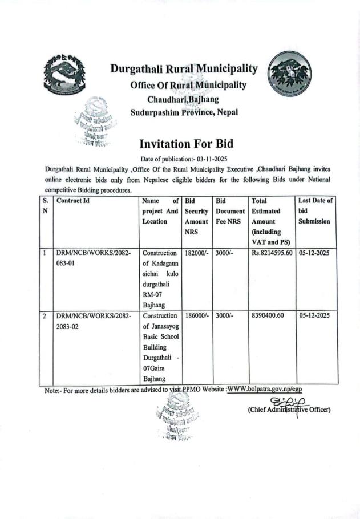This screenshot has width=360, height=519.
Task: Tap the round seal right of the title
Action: point(291,75)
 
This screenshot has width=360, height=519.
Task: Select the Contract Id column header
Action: point(73,201)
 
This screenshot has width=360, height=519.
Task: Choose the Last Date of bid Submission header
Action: point(316,210)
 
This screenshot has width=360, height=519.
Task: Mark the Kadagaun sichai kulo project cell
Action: point(161,278)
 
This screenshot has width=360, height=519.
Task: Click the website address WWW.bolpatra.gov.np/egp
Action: point(265,389)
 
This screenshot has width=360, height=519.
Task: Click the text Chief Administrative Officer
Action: point(289,409)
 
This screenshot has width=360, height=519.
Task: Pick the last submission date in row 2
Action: point(316,315)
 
